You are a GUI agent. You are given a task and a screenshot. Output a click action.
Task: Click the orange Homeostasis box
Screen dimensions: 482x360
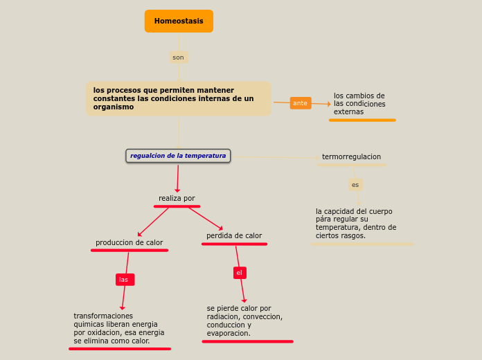point(179,21)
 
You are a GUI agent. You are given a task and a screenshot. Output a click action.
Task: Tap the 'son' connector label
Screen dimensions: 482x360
point(179,57)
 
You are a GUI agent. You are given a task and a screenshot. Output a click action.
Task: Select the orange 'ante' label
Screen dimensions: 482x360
point(301,103)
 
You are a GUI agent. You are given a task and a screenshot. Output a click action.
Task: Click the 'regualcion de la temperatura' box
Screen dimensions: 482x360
point(178,156)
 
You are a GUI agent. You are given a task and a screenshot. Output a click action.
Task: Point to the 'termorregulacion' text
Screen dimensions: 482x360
point(351,156)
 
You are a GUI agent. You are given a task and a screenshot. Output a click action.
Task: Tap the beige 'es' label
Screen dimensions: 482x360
point(355,185)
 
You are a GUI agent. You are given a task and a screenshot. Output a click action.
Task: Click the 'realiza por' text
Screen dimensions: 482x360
point(177,198)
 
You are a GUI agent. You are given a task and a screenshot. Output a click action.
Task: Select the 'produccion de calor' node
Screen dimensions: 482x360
point(129,242)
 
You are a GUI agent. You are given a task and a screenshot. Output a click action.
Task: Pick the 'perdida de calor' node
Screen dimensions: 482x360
point(234,236)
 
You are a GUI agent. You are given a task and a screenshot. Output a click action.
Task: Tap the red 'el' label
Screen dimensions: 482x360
point(240,273)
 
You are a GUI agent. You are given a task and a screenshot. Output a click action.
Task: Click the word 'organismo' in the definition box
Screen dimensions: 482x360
point(114,107)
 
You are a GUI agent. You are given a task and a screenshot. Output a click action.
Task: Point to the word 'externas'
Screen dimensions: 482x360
point(348,112)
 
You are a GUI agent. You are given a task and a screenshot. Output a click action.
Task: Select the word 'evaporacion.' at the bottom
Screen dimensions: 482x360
point(229,333)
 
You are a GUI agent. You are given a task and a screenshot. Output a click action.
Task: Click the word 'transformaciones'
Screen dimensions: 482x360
point(103,316)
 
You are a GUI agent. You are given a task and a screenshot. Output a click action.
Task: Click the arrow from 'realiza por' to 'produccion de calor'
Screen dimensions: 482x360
point(153,222)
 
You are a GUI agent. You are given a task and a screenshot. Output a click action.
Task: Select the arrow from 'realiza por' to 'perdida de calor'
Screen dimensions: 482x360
point(206,219)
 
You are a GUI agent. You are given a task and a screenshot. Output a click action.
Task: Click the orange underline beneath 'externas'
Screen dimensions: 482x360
point(362,120)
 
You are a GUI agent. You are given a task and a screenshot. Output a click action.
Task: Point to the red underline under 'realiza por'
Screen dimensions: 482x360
point(177,206)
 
